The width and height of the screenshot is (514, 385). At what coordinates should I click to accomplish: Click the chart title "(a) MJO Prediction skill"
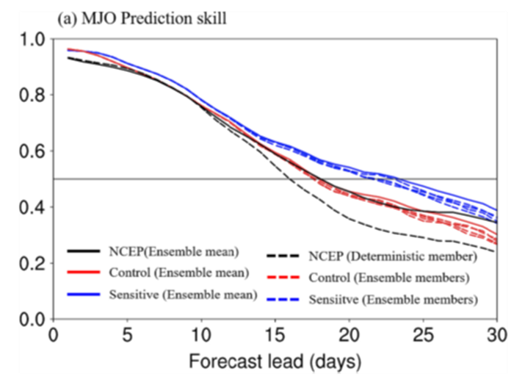[144, 18]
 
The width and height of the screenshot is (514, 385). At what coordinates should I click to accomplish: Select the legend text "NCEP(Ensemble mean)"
[175, 251]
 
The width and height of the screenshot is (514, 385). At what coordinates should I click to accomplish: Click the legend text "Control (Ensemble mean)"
[180, 273]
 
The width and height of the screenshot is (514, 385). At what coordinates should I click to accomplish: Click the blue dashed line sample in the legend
[283, 301]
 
